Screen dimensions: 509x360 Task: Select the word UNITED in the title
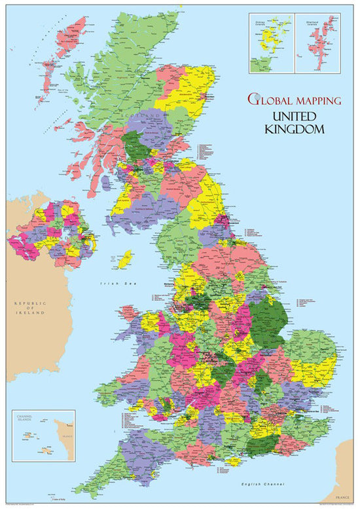(295, 117)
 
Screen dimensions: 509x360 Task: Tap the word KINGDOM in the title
(295, 129)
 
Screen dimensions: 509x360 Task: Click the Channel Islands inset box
(43, 436)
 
